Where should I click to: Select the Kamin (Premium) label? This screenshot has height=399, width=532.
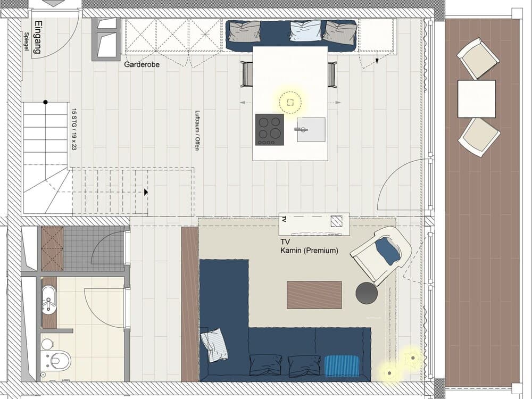pos(309,251)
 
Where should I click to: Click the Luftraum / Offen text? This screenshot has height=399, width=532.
pos(197,130)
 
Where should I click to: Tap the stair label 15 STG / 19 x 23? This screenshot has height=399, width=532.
pos(74,129)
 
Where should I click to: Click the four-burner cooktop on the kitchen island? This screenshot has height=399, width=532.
pos(269,129)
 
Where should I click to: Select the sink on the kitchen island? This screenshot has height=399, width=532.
pos(311,129)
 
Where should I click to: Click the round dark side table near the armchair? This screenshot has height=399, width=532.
pos(367,293)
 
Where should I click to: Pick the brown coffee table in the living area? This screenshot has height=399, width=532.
pos(314,295)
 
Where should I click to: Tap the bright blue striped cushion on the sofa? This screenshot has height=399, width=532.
pos(342,365)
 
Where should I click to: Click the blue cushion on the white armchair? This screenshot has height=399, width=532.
pos(388,251)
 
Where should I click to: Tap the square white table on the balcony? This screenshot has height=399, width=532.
pos(476,98)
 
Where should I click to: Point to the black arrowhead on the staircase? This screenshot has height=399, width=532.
pos(146,192)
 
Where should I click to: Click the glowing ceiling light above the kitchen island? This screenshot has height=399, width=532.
pos(290,102)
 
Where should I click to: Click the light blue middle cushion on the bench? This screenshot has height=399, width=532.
pos(306,31)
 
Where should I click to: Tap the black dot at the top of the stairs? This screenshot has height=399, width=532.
pos(46,102)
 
